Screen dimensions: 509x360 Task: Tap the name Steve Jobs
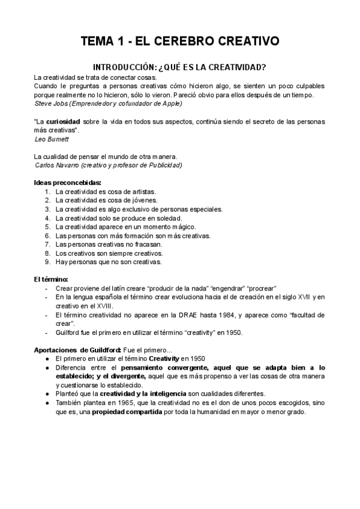tap(49, 103)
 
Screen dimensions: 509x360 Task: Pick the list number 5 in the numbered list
tap(47, 227)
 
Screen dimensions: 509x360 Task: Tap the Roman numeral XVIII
tap(92, 306)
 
